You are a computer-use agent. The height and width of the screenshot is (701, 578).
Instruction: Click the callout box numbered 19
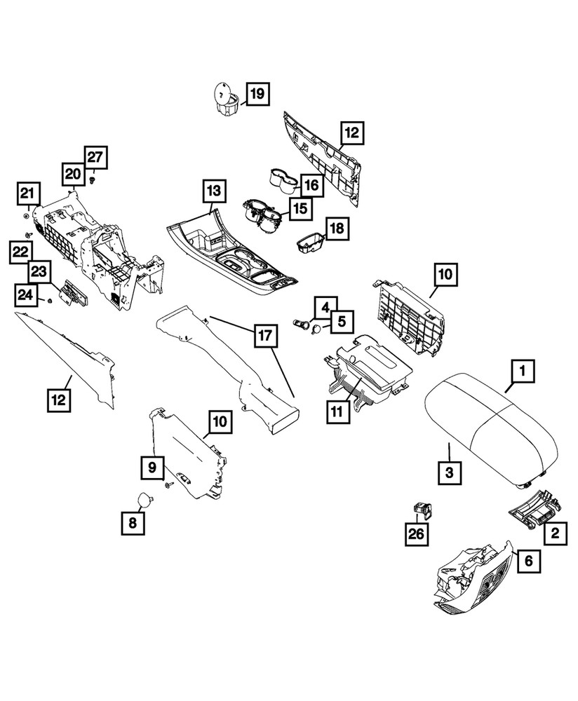257,94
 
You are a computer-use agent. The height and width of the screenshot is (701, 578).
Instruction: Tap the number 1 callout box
523,369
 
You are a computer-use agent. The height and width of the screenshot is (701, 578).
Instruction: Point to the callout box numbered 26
417,534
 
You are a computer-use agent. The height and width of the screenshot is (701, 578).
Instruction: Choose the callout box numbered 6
528,559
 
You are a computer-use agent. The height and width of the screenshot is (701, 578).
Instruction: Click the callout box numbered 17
264,336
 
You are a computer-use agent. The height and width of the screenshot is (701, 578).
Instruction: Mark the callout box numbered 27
97,158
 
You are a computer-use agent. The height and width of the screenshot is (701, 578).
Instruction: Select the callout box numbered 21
27,193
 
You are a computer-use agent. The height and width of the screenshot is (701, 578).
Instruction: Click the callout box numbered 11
337,411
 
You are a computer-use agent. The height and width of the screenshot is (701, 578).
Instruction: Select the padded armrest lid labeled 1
491,428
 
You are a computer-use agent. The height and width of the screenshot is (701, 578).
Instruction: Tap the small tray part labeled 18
309,243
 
